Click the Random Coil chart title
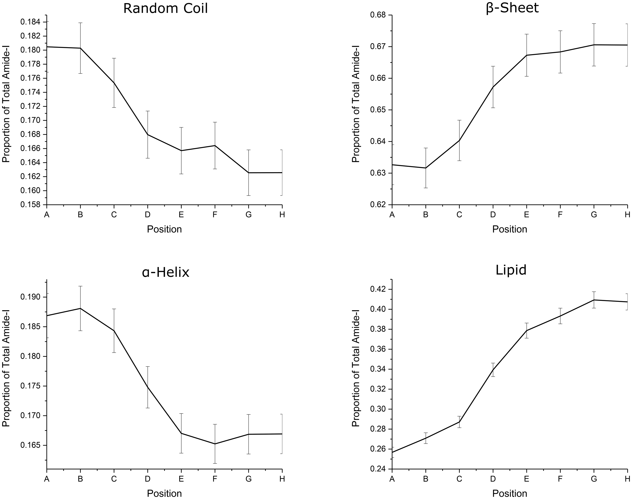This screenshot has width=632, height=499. click(166, 8)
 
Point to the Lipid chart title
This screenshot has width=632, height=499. click(511, 270)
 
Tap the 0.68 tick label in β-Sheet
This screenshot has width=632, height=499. click(379, 15)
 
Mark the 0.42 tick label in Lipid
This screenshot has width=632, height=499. click(379, 289)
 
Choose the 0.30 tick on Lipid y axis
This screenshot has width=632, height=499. click(379, 409)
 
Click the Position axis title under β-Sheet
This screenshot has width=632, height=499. click(510, 229)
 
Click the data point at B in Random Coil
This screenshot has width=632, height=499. click(80, 48)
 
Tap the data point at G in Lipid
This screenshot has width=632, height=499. click(594, 300)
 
